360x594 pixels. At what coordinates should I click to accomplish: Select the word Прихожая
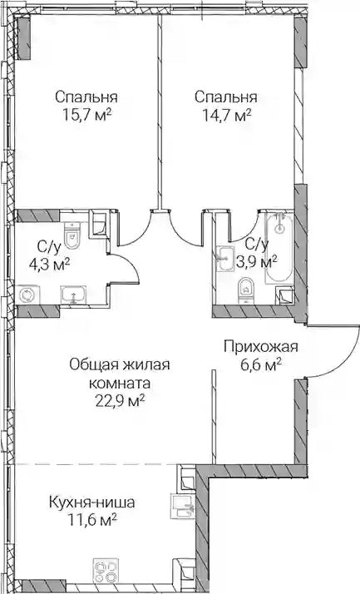point(261,347)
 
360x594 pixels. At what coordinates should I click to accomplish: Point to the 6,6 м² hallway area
point(261,365)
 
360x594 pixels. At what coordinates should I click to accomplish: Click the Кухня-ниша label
point(92,502)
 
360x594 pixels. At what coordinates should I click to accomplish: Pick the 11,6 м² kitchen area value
point(92,521)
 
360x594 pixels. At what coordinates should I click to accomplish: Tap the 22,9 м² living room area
point(120,401)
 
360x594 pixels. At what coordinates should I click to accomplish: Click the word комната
point(120,384)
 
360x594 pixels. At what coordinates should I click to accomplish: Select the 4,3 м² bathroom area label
point(50,263)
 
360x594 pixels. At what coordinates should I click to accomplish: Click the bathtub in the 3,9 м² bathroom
point(279,248)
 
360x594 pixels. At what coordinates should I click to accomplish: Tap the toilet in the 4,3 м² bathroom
point(72,235)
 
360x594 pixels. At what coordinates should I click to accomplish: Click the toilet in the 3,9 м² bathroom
point(246,291)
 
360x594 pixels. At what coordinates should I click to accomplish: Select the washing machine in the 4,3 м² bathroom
point(27,295)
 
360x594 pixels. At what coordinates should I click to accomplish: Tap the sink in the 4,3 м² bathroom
point(74,295)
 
